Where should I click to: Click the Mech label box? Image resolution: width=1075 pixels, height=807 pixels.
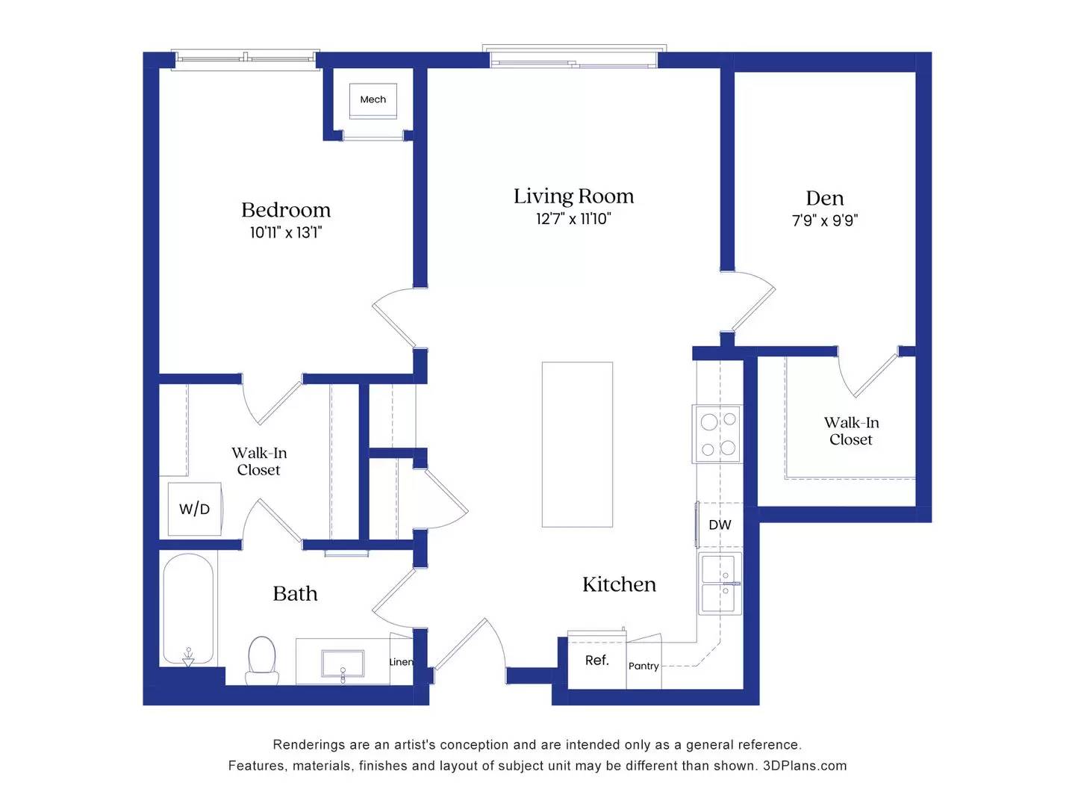pos(373,99)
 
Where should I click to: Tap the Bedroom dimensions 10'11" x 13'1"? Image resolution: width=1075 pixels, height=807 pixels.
pos(286,232)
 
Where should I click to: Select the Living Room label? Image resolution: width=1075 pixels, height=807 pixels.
pos(573,197)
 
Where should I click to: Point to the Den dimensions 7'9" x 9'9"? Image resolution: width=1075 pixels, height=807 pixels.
pos(825,220)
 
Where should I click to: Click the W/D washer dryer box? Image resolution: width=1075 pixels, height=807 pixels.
pos(194,509)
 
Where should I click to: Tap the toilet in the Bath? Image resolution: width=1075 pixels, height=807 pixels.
pos(262,660)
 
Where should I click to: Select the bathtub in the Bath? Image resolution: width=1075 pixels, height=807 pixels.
pos(188,608)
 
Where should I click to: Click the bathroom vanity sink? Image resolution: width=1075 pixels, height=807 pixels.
pos(343,663)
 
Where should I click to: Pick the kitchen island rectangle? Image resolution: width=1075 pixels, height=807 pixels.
pos(577,445)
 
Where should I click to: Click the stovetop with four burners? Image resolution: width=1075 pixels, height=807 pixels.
pos(718,434)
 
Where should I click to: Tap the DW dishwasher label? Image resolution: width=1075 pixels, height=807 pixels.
pos(720,525)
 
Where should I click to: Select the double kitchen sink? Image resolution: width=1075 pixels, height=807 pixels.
pos(720,584)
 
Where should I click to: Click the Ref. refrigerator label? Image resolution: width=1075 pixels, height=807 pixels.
pos(596,661)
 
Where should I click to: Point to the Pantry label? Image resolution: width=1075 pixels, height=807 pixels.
pos(644,666)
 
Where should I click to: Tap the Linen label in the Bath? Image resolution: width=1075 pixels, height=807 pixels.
pos(401,662)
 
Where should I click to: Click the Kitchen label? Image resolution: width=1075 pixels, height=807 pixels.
pos(619,584)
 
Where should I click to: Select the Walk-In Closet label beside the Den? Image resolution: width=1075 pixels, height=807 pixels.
pos(851,431)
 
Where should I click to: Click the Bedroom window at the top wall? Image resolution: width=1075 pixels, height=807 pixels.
pos(245,58)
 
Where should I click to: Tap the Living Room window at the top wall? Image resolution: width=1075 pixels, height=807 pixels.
pos(573,57)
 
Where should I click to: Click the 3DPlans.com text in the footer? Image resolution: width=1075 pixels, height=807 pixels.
pos(805,766)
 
